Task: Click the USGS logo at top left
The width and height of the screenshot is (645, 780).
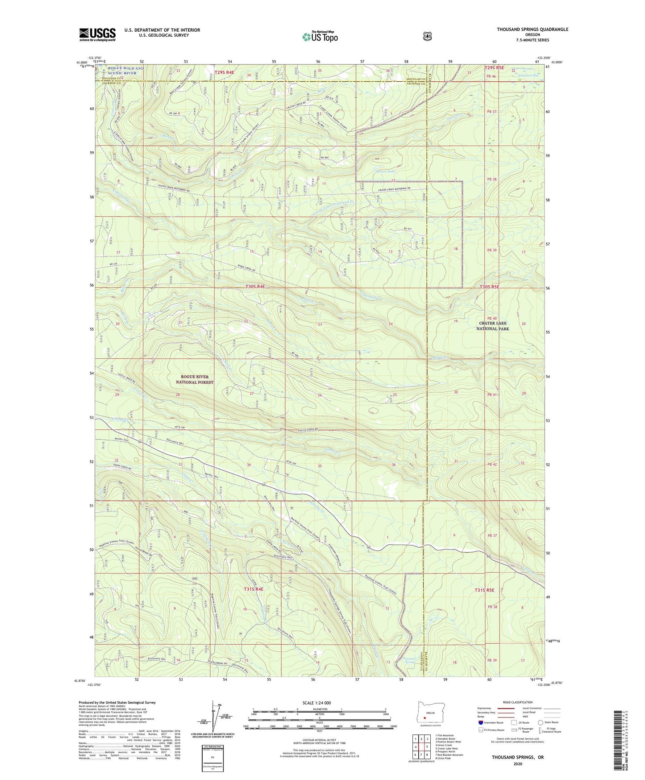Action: pyautogui.click(x=97, y=34)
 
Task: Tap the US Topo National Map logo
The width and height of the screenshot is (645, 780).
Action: pyautogui.click(x=319, y=37)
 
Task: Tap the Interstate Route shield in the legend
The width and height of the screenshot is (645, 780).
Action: pyautogui.click(x=480, y=722)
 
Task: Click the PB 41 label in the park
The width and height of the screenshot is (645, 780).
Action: pyautogui.click(x=492, y=394)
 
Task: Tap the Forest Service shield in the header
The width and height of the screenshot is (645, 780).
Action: pyautogui.click(x=428, y=36)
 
